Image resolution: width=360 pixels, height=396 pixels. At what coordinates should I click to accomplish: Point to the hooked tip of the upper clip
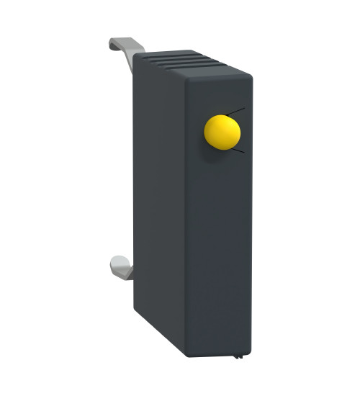[114, 43]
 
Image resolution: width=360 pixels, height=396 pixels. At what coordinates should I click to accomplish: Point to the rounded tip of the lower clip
[114, 261]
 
